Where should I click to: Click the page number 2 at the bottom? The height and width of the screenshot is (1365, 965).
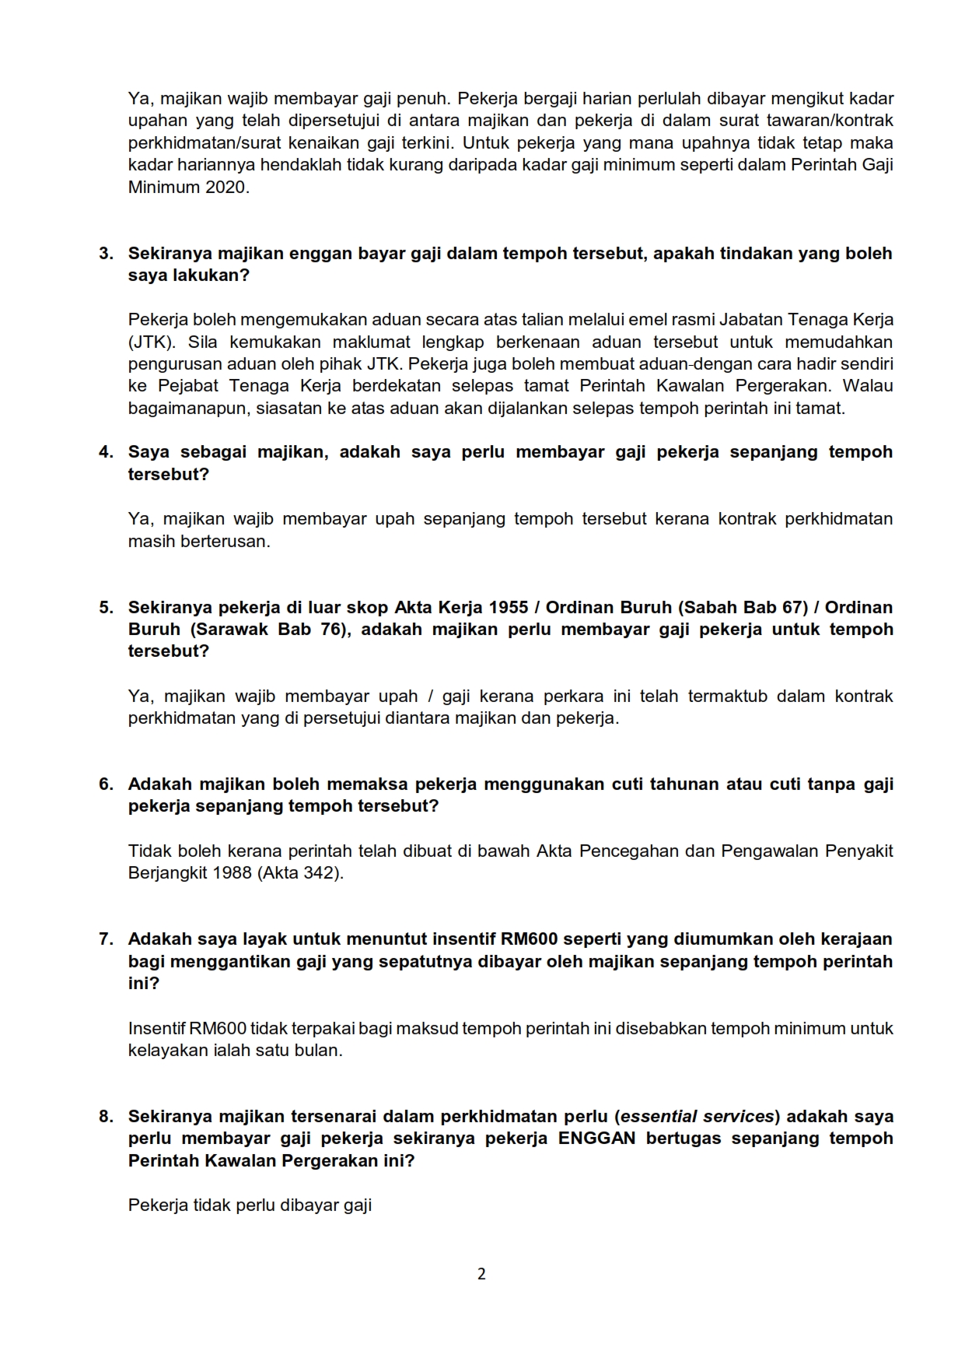(x=481, y=1274)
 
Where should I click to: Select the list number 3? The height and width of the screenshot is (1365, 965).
(x=106, y=254)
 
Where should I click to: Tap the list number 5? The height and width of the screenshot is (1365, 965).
(x=106, y=608)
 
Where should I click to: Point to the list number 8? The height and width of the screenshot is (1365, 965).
(x=106, y=1117)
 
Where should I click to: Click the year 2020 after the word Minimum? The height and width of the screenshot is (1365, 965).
(x=227, y=188)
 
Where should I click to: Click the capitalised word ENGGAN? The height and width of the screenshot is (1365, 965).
(x=597, y=1139)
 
